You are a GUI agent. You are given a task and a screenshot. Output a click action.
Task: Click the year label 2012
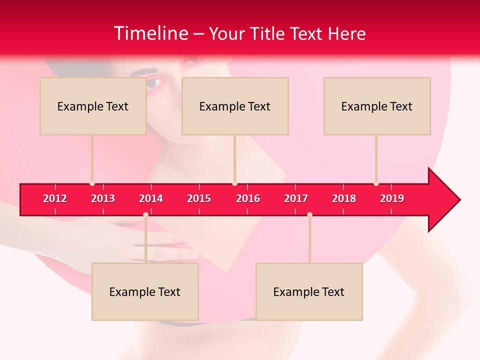click(x=55, y=198)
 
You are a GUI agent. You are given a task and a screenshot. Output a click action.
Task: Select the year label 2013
click(x=103, y=198)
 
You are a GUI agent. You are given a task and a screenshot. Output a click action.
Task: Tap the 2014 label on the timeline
click(x=151, y=198)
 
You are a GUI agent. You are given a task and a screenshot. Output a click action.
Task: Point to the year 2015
click(x=199, y=198)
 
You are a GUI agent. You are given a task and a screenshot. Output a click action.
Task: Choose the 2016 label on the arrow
click(x=248, y=198)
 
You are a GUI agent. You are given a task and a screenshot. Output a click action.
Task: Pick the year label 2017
click(x=296, y=198)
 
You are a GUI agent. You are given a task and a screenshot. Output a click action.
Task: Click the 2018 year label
click(x=344, y=198)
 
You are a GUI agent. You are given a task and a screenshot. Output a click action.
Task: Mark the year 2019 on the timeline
click(x=392, y=198)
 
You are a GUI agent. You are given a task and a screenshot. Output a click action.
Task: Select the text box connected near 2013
click(x=93, y=106)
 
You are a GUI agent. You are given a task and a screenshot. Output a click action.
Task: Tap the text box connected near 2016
click(x=235, y=106)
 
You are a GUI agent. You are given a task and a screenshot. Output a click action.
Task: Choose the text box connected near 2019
click(x=377, y=106)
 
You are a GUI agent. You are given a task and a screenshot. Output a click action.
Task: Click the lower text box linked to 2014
click(x=145, y=292)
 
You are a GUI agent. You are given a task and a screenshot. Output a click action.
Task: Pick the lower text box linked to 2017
click(x=309, y=292)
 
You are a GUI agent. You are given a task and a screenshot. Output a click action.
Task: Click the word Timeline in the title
click(x=150, y=33)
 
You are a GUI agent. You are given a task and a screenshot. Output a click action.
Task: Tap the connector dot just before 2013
click(x=92, y=183)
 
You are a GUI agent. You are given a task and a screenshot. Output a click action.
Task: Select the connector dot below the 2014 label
click(x=145, y=214)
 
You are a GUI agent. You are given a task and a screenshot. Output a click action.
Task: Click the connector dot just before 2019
click(x=376, y=183)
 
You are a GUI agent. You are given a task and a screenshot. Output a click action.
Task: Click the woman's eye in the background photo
click(x=152, y=83)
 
